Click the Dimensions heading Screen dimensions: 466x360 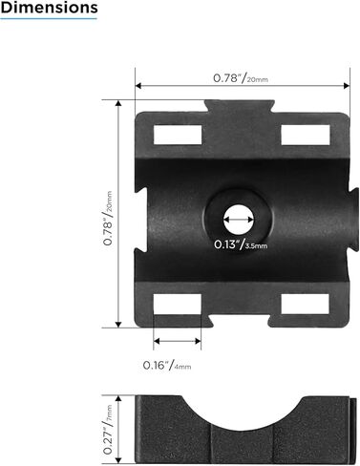pyautogui.click(x=49, y=9)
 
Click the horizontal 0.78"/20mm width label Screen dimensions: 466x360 pyautogui.click(x=242, y=78)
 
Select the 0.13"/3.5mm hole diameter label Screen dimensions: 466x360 pyautogui.click(x=241, y=244)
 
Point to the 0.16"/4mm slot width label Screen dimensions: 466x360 pyautogui.click(x=167, y=365)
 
